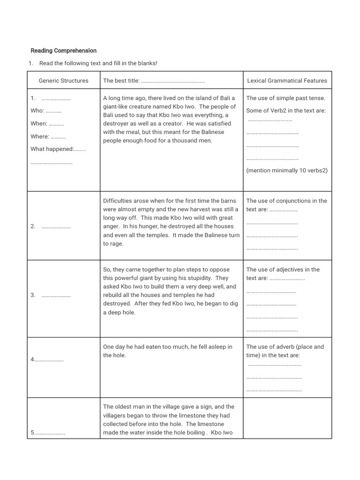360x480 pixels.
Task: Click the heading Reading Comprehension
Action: [x=63, y=51]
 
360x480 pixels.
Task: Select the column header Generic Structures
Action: [x=63, y=81]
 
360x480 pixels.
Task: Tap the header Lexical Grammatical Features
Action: [x=287, y=81]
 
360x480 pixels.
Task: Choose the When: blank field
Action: [x=56, y=124]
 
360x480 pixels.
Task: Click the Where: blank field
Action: [x=58, y=137]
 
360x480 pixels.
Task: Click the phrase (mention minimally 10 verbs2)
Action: [x=287, y=171]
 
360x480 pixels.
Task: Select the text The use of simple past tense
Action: [x=285, y=98]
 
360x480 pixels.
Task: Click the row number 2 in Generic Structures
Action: [x=33, y=227]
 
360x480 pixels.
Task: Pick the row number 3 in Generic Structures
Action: [x=33, y=295]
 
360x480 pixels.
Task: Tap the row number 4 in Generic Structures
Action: [x=32, y=360]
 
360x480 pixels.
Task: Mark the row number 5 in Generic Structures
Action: [x=32, y=433]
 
